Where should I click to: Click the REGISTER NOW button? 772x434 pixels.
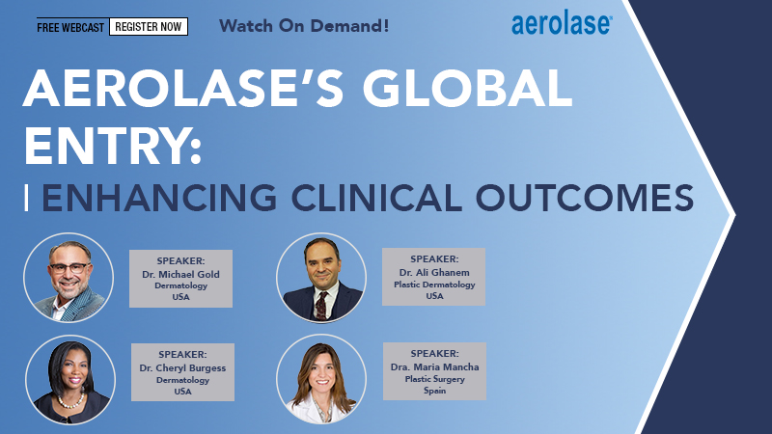149,26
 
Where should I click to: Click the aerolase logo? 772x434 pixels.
561,24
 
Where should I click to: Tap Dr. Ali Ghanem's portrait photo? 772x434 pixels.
320,277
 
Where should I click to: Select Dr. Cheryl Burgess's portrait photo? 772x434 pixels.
69,378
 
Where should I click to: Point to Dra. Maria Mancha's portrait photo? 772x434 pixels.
320,378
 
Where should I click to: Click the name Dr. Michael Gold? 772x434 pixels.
180,275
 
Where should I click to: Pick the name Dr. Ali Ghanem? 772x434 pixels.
433,272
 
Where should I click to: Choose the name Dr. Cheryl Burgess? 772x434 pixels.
181,368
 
